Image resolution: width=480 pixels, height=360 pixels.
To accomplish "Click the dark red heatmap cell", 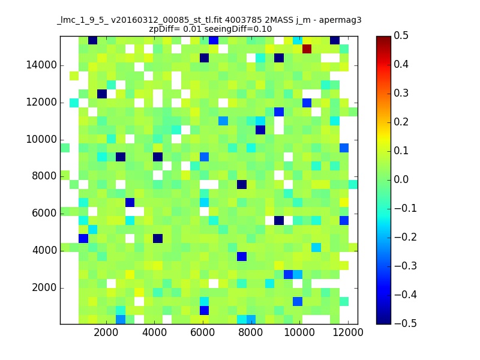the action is [x=307, y=49].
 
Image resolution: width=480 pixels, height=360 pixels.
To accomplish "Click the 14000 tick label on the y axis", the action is [x=41, y=65].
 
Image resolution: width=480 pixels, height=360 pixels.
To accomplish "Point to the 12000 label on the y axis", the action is [x=41, y=102].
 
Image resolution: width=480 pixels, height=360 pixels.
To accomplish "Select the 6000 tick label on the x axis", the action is [x=202, y=332].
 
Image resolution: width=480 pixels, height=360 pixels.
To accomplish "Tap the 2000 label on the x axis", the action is [x=106, y=332].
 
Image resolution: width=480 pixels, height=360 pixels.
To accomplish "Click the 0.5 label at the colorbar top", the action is [x=401, y=35].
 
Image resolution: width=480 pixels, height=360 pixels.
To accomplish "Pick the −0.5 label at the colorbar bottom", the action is [x=406, y=323].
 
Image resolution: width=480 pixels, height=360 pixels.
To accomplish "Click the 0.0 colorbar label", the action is [x=401, y=179].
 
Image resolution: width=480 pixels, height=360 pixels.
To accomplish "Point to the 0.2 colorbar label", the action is [x=401, y=122].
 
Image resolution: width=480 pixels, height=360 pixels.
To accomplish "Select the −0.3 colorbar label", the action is [x=406, y=266].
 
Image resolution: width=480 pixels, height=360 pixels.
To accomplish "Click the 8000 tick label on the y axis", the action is [x=44, y=176].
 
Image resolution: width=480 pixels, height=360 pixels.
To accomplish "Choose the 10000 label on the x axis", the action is [x=299, y=332].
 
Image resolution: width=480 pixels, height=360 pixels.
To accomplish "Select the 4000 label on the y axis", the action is [x=44, y=250].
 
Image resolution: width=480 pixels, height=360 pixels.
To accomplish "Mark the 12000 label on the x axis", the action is [x=348, y=332].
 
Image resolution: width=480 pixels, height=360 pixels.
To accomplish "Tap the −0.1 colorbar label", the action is [x=406, y=208].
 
